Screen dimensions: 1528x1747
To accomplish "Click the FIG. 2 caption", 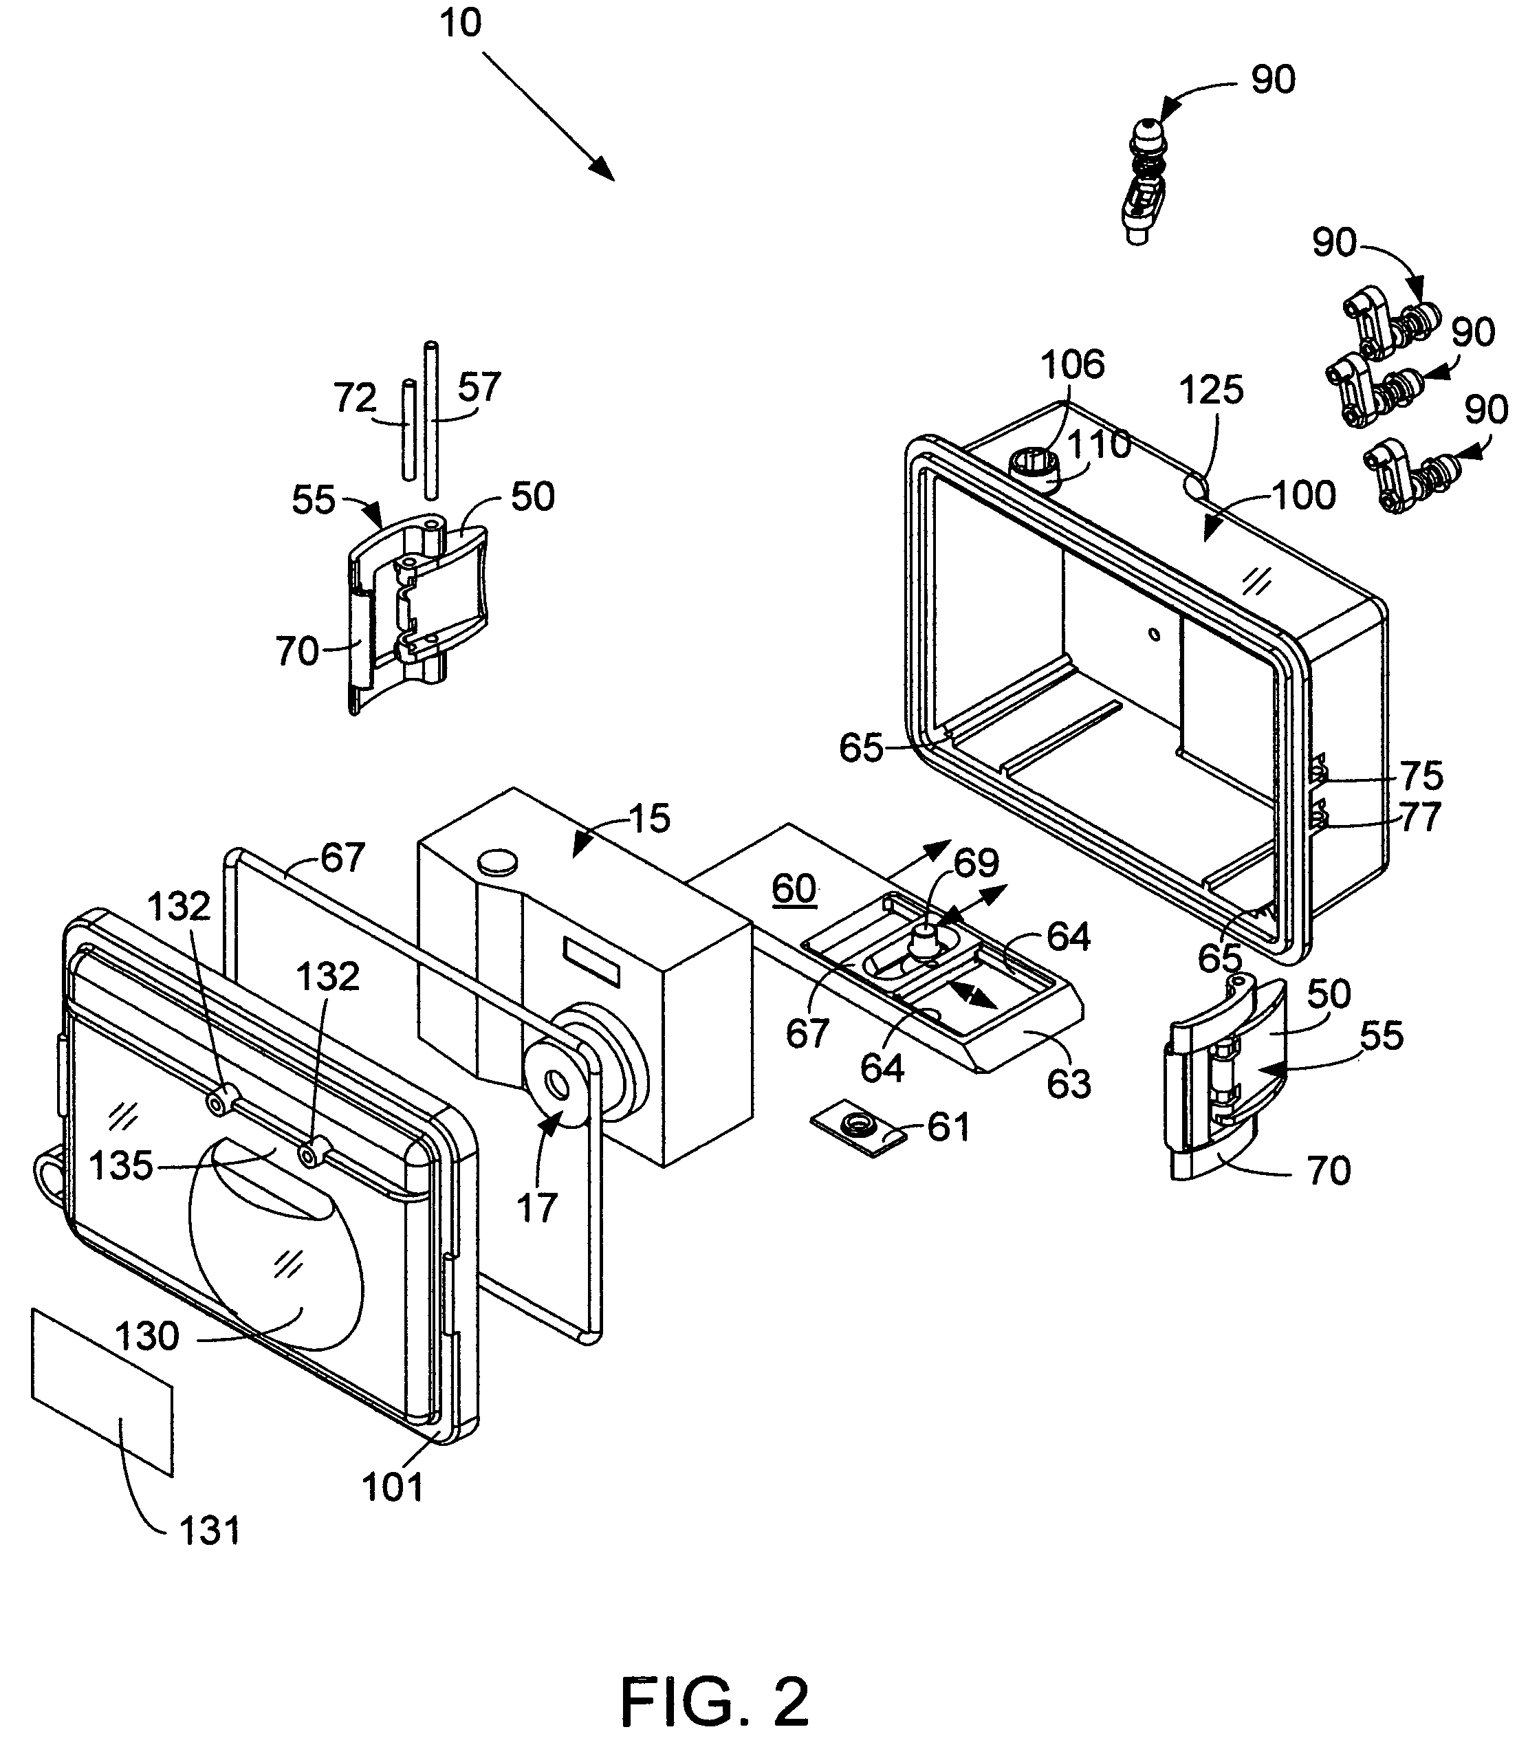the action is point(714,1678).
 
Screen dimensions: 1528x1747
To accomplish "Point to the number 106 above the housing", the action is point(1073,364).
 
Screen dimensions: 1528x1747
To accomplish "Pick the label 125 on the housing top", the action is point(1212,391).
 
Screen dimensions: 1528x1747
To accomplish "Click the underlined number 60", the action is point(794,888).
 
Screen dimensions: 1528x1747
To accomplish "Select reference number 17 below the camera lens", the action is point(537,1207).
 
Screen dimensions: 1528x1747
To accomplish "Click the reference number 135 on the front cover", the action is point(121,1165).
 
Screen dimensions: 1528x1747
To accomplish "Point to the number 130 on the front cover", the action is point(148,1335).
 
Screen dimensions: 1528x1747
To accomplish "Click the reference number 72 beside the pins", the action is point(355,398).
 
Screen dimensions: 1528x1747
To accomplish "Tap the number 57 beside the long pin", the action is point(479,387).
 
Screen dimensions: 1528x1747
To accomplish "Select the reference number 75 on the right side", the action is point(1421,776).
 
